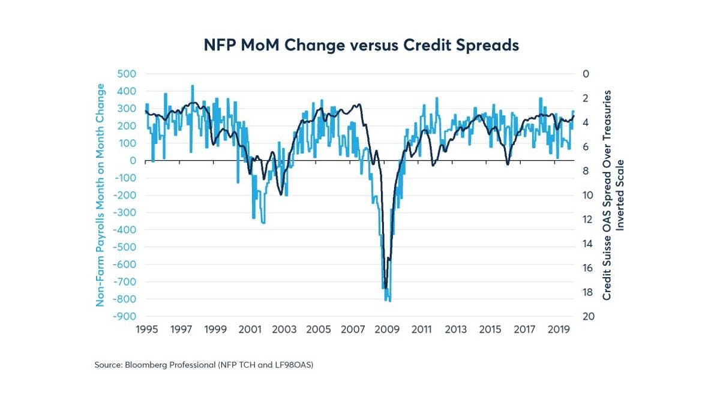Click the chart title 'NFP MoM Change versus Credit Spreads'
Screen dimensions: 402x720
click(360, 46)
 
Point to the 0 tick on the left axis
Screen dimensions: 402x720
click(134, 161)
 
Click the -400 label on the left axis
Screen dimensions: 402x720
click(125, 230)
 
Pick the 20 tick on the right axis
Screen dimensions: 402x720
click(588, 316)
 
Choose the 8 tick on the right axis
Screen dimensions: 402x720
click(586, 171)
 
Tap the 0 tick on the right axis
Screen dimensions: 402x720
click(586, 74)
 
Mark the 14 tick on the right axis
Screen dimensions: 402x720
click(588, 244)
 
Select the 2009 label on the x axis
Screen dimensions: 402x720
click(387, 330)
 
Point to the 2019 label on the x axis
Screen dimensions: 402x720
click(559, 330)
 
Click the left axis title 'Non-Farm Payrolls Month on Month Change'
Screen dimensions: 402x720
click(100, 195)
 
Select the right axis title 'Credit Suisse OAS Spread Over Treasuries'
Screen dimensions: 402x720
click(607, 195)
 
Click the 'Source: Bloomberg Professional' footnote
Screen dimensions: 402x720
click(203, 365)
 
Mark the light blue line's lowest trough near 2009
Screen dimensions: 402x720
click(389, 301)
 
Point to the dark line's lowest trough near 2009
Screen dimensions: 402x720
click(386, 289)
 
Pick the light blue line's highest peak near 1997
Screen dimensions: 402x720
click(193, 85)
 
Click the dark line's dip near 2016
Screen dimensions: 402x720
click(508, 164)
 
